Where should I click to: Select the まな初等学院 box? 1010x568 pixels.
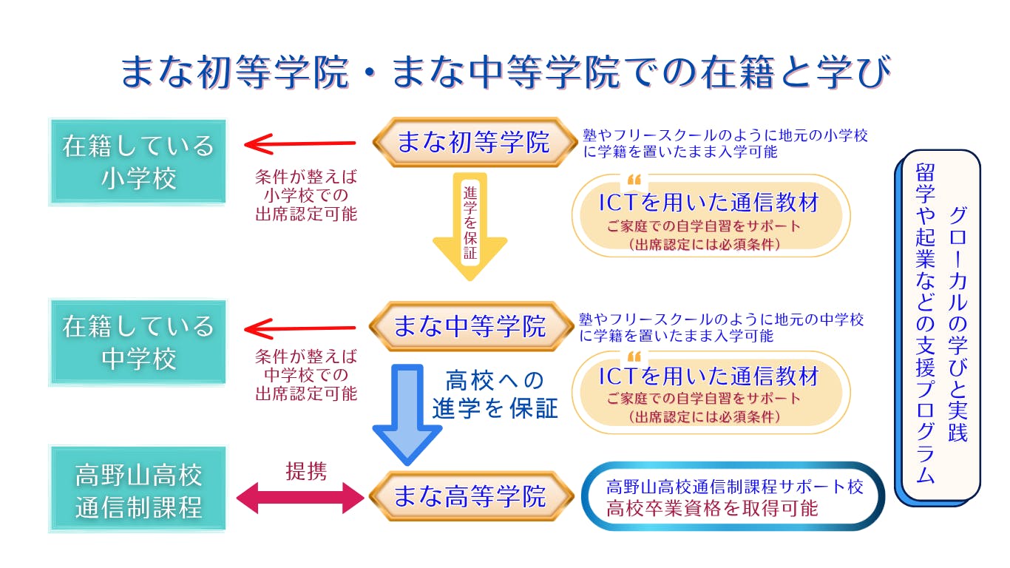click(473, 142)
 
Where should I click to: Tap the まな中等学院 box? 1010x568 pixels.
click(470, 326)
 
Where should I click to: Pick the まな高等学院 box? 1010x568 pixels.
click(470, 496)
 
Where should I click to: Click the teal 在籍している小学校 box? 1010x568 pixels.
click(138, 162)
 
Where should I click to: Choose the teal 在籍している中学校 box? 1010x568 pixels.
click(138, 342)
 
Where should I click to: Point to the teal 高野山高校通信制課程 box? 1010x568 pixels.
click(138, 489)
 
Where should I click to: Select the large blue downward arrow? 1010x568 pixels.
click(407, 414)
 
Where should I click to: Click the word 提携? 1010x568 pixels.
click(305, 472)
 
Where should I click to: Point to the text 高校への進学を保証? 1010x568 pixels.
click(494, 395)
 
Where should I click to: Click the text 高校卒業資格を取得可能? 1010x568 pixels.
click(712, 508)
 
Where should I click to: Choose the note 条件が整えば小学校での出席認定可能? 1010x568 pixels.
click(306, 196)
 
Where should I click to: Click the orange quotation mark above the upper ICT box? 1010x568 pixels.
click(633, 180)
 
